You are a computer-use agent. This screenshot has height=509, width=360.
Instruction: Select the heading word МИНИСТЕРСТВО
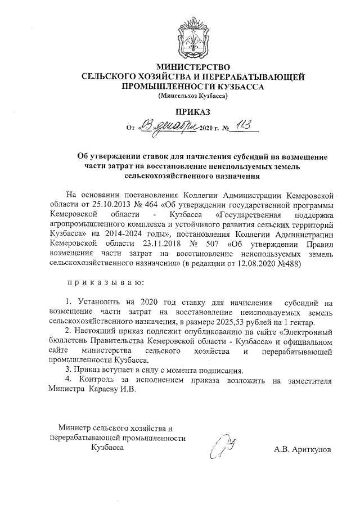[x=193, y=66]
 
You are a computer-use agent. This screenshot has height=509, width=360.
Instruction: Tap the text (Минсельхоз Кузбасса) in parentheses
[x=193, y=96]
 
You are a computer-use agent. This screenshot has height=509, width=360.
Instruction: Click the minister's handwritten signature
[x=223, y=448]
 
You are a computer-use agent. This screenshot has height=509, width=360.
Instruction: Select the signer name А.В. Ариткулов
[x=303, y=449]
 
